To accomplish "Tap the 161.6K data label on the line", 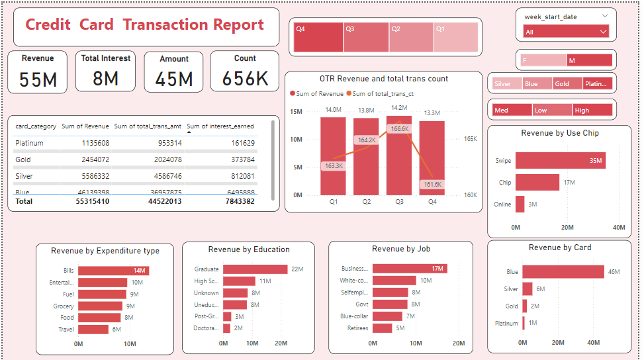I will (432, 185).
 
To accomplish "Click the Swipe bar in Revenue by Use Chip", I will (560, 160).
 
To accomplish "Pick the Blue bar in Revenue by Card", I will (563, 271).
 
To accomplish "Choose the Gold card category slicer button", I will (567, 84).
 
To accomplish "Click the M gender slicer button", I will (589, 60).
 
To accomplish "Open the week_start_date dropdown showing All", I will (566, 31).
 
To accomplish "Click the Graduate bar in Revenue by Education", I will (255, 269).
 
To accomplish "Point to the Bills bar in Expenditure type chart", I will (113, 271).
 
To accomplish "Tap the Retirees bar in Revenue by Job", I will (383, 328).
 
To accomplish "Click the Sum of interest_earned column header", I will (220, 126).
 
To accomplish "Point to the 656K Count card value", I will (245, 79).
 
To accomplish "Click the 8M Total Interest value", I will (105, 79).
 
